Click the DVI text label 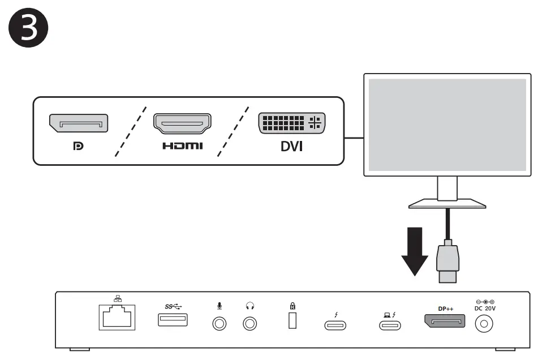pos(292,147)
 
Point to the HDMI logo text pos(182,147)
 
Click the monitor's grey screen pos(447,125)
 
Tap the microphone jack pos(219,324)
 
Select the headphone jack pos(249,324)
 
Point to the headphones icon pos(249,306)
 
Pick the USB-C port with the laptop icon pos(390,325)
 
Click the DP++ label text pos(445,309)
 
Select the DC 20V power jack pos(485,324)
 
